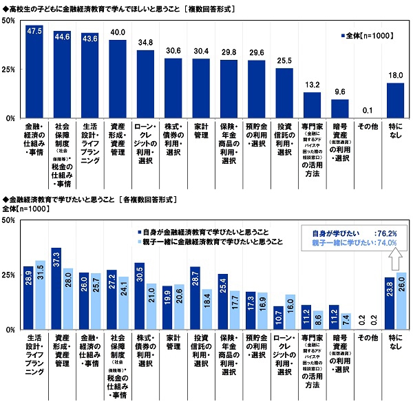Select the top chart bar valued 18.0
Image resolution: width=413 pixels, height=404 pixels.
tap(394, 100)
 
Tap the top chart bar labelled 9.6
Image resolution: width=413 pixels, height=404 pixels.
tap(339, 109)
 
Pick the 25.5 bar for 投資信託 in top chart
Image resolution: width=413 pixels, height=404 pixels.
tap(284, 93)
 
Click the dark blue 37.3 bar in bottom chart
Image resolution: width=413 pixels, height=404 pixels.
tap(56, 289)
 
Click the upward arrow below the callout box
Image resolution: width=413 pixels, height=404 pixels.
tap(396, 259)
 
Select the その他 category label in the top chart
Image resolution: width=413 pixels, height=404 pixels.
tap(367, 127)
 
